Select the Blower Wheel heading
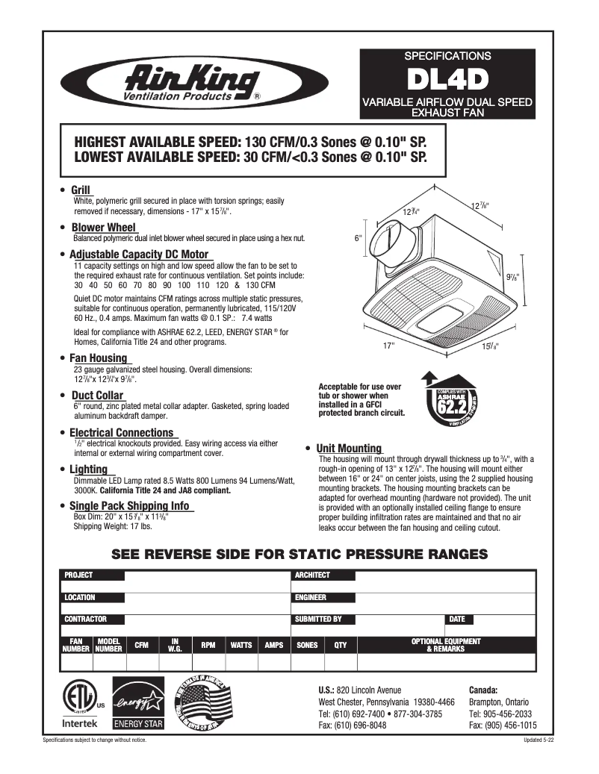(103, 228)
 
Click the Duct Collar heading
(97, 396)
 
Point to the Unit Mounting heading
(349, 449)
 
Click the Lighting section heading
(88, 469)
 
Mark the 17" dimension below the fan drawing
(388, 346)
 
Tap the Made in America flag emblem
(202, 702)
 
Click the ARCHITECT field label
(313, 575)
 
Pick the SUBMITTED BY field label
(318, 619)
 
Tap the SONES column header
(307, 645)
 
